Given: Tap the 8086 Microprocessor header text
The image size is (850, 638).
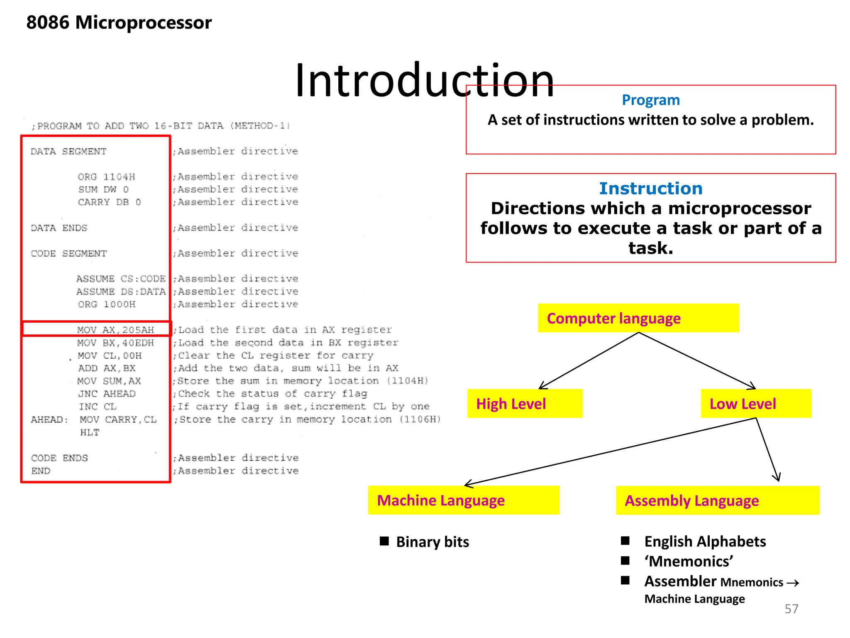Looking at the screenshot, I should pos(119,22).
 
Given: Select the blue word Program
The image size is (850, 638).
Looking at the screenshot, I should pos(650,100).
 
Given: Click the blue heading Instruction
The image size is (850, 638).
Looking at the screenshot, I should pos(650,189).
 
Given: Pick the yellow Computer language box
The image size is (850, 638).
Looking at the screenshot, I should pos(638,318).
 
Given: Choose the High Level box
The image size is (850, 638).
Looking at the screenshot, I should pos(525,404).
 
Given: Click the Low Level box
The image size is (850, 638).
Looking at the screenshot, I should pos(755,404).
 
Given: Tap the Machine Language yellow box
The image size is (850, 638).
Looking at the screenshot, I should pos(463,501).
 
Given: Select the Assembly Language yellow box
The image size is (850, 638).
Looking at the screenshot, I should pos(717,501).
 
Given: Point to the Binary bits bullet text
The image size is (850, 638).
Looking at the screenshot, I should pos(432,542).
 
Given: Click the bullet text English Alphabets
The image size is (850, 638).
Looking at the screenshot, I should pos(705,542).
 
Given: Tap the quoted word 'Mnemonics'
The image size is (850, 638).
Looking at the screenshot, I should pos(689,562).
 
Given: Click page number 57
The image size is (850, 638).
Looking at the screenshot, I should pos(791,609).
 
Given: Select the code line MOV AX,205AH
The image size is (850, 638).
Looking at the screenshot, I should pos(115,330).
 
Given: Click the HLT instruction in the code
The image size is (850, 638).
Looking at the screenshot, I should pos(90,432).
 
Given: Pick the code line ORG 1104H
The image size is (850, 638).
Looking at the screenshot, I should pos(106,177).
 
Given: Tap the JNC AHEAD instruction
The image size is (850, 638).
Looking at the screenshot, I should pos(107,394).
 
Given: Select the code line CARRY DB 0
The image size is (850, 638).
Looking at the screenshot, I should pos(110,202).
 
